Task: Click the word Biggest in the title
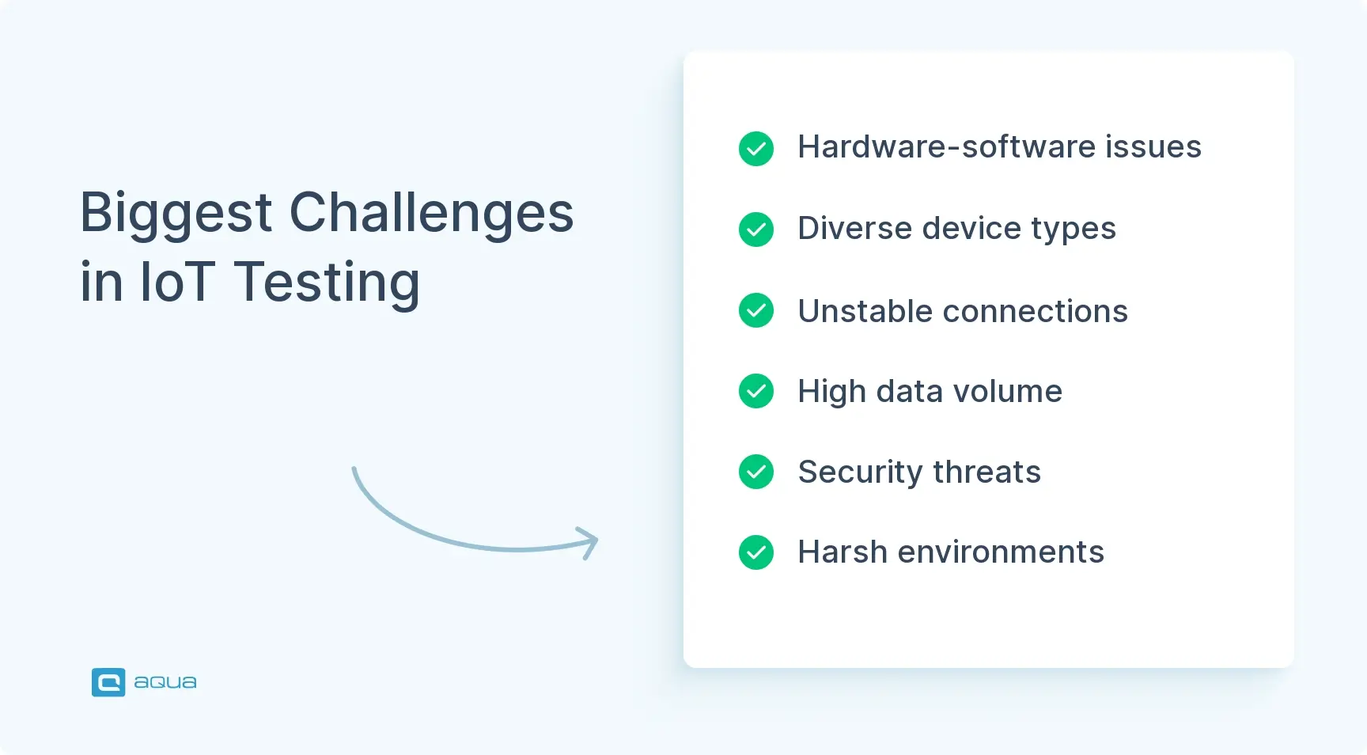click(x=176, y=214)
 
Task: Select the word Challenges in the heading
click(x=431, y=214)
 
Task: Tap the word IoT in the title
click(x=177, y=283)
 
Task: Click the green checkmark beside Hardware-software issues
click(x=756, y=149)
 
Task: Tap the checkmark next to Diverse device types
click(x=756, y=230)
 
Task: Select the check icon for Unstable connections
click(x=756, y=310)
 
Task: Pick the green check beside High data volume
click(x=756, y=391)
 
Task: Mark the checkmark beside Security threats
click(x=756, y=472)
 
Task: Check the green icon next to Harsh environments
click(x=756, y=552)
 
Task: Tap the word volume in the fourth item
click(x=1007, y=391)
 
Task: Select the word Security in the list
click(x=860, y=472)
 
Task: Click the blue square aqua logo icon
click(x=108, y=682)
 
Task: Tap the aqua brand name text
click(x=165, y=682)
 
